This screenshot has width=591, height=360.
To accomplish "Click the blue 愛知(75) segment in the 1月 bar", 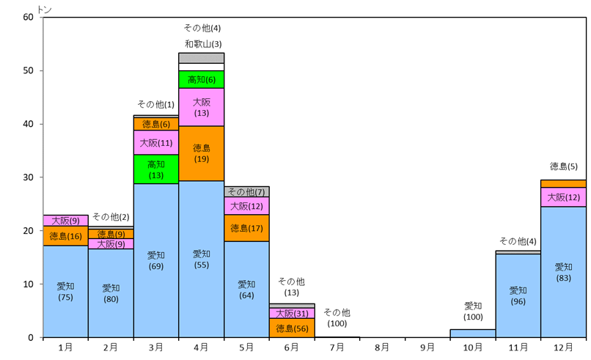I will click(65, 291).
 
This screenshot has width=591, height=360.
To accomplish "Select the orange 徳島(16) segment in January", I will click(65, 236).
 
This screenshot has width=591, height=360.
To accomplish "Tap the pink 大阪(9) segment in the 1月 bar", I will click(65, 220).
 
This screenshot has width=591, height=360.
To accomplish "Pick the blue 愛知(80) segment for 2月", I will click(111, 293).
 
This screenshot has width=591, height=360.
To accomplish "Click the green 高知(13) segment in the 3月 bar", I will click(156, 169).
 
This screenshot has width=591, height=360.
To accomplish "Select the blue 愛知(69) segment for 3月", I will click(156, 260).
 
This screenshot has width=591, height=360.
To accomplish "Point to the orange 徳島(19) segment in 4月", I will click(202, 153).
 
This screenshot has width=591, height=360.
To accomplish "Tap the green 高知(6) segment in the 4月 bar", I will click(202, 79).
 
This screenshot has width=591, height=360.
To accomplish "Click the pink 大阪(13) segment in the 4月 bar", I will click(202, 107).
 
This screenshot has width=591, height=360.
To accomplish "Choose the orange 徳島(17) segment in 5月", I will click(247, 228).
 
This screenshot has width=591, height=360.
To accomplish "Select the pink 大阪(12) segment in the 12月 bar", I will click(564, 197).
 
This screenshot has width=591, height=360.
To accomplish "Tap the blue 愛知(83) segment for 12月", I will click(564, 272).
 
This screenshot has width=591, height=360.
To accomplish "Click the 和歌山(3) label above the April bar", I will click(203, 44).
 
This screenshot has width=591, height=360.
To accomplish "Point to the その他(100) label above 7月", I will click(337, 317).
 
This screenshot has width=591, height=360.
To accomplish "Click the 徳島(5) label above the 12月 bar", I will click(564, 166).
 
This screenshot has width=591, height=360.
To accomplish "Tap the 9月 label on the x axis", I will click(428, 347).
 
